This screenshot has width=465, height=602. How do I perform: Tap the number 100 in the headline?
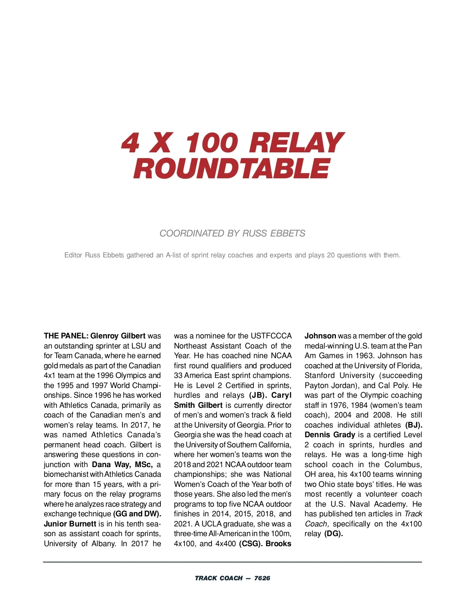click(211, 143)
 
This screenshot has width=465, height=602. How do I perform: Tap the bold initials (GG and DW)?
click(137, 514)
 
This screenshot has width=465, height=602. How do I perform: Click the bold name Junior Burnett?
click(70, 524)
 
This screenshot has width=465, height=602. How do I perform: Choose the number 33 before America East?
click(178, 375)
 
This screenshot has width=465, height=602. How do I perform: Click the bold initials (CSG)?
click(250, 543)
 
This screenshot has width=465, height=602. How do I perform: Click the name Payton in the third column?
click(317, 385)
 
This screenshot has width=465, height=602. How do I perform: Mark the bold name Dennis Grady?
click(330, 435)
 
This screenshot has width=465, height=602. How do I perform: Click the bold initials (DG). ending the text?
click(334, 533)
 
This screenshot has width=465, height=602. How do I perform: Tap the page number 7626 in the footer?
click(262, 578)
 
